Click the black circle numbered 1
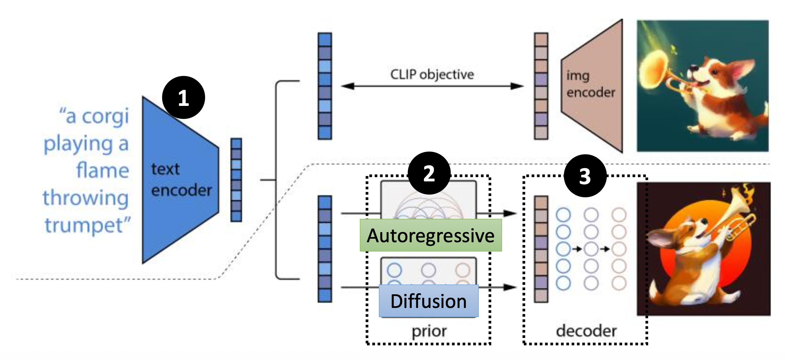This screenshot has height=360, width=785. coord(183,98)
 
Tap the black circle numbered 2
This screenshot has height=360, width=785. coord(429,173)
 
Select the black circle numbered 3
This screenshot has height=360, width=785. coord(585,176)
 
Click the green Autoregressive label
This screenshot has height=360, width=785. coord(431,235)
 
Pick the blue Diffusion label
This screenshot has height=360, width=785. coord(428,301)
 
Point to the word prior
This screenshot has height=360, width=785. coord(429,331)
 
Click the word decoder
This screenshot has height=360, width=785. coord(586,331)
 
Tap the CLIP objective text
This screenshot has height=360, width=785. coord(432,74)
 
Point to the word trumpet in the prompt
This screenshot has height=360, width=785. coord(87,225)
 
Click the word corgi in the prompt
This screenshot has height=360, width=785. coord(105,116)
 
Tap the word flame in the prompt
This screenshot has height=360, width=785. coord(102,171)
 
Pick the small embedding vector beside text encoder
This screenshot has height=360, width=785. coord(236,180)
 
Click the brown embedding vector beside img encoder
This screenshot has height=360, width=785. coord(541,86)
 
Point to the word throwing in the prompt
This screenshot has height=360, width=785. coord(86,198)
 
